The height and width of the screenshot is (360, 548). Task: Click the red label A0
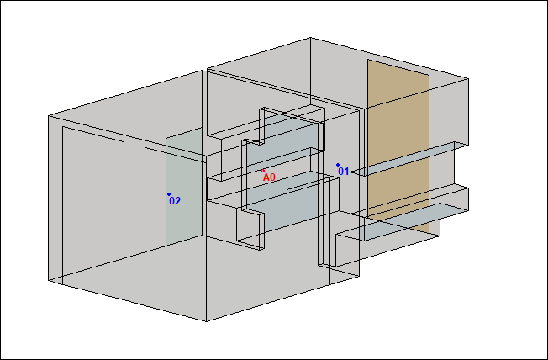269,177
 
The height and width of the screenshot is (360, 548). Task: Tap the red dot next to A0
263,171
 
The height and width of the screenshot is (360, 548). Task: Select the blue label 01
343,172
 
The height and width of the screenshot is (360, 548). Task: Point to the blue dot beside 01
338,165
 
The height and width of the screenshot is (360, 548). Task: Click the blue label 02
175,201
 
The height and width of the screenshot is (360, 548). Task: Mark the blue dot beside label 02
169,194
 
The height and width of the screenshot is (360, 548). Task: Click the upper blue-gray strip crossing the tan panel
409,158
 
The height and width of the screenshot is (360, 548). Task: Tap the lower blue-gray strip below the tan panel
402,221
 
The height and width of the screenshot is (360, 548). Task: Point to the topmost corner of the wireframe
310,38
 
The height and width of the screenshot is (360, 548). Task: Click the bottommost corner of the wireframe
206,321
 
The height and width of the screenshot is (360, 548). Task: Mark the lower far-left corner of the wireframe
49,280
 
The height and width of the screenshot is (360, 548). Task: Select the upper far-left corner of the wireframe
49,115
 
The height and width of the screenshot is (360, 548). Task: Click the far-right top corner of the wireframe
468,79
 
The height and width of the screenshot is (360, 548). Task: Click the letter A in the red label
266,177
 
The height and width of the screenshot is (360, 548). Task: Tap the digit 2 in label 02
177,201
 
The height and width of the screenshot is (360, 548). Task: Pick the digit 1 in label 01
346,172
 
